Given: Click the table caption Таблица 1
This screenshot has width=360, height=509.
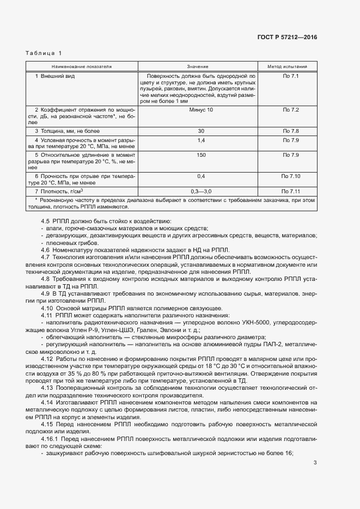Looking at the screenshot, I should click(44, 53).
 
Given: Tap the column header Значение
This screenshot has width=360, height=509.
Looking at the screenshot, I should click(201, 66).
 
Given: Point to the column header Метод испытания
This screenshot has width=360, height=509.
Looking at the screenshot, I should click(291, 66).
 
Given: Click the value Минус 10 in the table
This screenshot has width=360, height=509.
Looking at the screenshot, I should click(201, 110).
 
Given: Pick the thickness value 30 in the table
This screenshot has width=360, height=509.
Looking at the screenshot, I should click(201, 131).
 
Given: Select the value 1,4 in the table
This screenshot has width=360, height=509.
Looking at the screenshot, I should click(201, 141).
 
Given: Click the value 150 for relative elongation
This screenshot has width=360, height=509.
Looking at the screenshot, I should click(201, 155).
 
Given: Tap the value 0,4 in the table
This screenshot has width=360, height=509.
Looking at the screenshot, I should click(201, 176).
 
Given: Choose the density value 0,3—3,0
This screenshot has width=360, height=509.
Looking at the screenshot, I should click(201, 192).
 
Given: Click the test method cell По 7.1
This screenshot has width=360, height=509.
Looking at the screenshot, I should click(291, 76).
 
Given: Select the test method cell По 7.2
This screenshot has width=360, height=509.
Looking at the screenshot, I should click(291, 110).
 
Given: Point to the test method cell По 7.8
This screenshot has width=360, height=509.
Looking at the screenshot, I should click(291, 131).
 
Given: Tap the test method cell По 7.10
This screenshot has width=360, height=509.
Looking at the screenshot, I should click(291, 176).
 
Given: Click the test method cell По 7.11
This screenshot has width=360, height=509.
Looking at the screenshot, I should click(291, 192).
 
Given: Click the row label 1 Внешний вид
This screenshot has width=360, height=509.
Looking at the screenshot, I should click(54, 76).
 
